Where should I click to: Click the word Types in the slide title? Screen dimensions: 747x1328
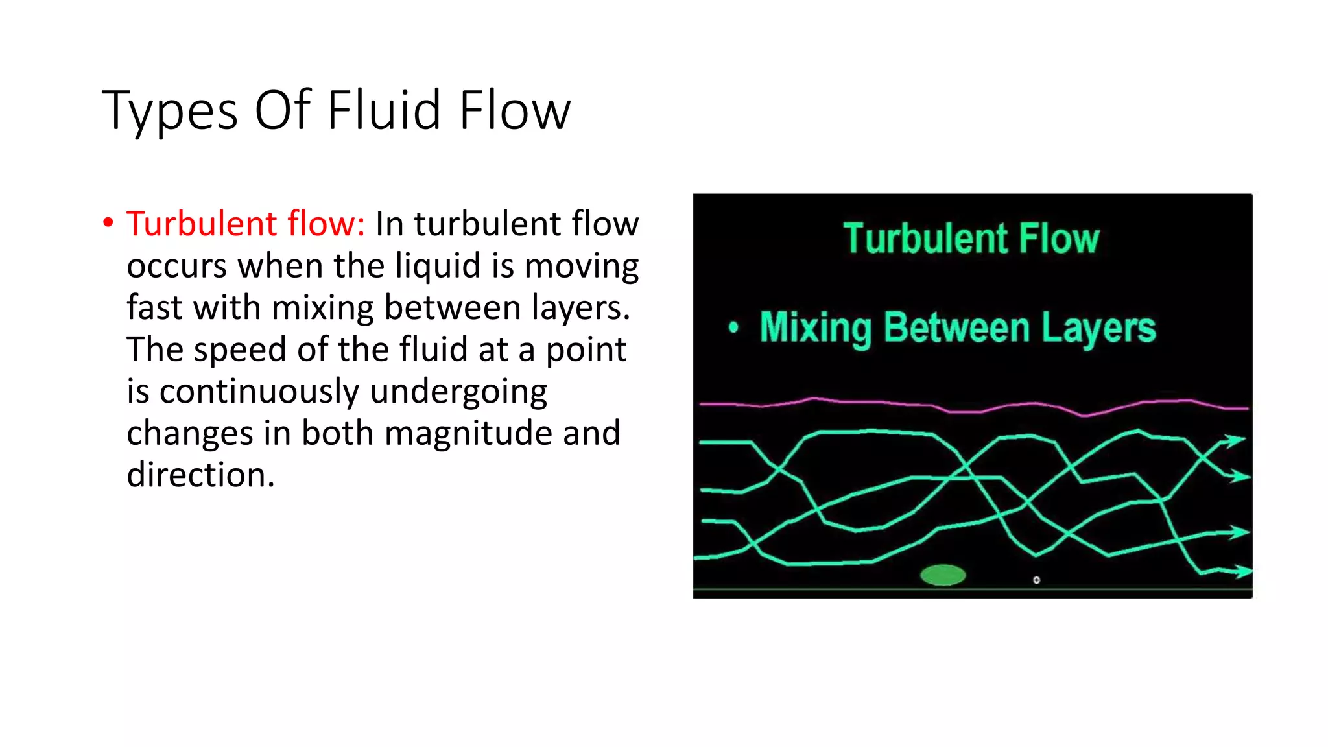tap(170, 112)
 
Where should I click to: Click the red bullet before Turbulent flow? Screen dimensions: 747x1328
tap(108, 222)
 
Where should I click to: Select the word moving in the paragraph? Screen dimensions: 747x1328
tap(581, 267)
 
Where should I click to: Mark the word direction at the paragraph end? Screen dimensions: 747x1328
tap(200, 475)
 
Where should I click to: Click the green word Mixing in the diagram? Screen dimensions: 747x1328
tap(816, 328)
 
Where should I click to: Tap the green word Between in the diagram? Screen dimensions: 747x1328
tap(956, 327)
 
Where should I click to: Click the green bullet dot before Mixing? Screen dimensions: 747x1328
tap(733, 327)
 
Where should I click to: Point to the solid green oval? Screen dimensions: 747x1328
tap(943, 575)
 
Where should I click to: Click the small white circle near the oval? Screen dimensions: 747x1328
tap(1036, 580)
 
